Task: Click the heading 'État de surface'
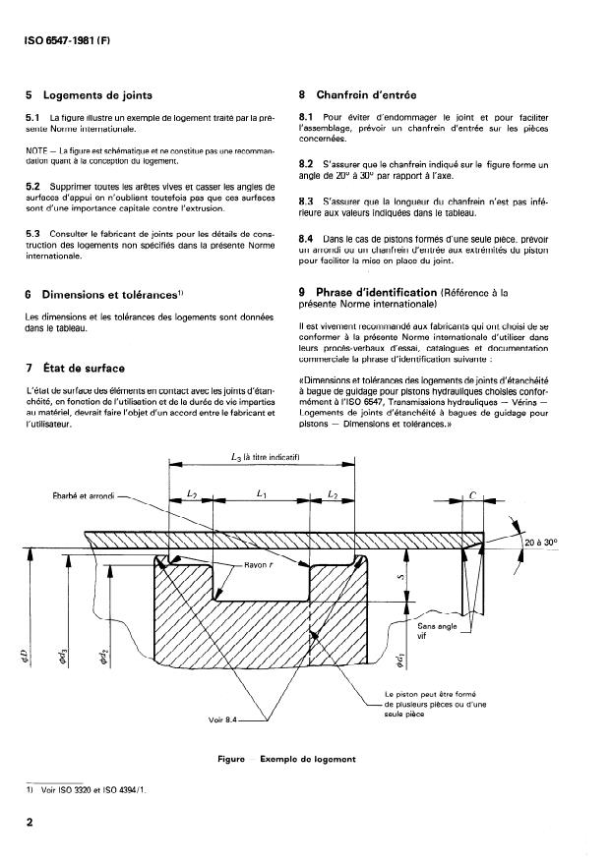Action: click(84, 368)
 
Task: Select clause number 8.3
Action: click(306, 201)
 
